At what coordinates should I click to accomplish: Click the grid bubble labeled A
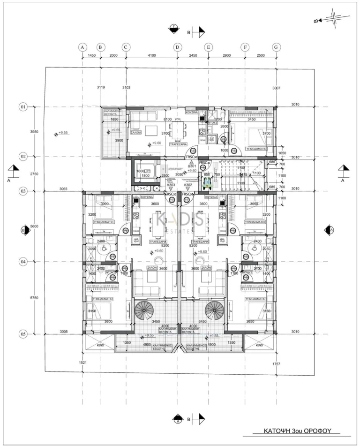coord(82,47)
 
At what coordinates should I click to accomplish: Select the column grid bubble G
coord(276,47)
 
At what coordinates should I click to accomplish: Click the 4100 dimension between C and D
coord(151,56)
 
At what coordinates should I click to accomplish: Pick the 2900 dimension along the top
coord(226,56)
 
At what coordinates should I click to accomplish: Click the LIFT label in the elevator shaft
coord(146,171)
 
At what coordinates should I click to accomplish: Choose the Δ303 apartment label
coord(171,185)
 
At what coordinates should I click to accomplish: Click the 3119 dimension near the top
coord(101,87)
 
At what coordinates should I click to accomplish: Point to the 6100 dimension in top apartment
coord(167,120)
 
